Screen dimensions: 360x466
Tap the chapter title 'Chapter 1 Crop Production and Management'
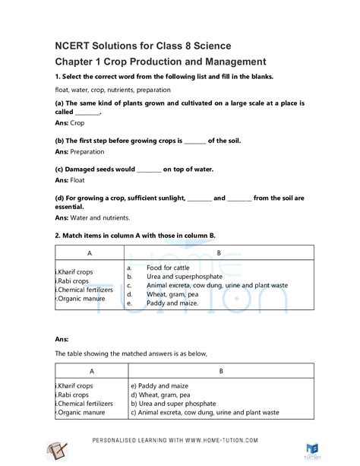160,62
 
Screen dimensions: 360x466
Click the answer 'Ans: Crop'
70,122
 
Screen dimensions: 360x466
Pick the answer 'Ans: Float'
70,180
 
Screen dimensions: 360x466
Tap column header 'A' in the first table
89,252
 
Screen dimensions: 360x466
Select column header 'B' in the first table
219,252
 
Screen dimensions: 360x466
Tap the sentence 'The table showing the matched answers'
131,354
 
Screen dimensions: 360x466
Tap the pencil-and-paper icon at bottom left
56,450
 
